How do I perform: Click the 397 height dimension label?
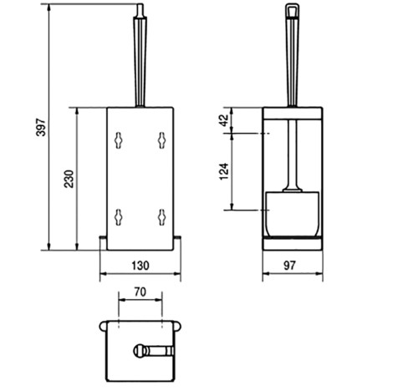[41, 127]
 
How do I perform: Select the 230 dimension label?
[69, 179]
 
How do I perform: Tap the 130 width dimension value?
[140, 266]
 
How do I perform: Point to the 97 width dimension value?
[289, 266]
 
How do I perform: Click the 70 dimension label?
[140, 292]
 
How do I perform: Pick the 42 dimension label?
[224, 120]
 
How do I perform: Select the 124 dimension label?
[224, 171]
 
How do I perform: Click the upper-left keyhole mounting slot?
[119, 140]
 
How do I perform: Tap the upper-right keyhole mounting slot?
[161, 140]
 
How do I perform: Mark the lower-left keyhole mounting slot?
[119, 217]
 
